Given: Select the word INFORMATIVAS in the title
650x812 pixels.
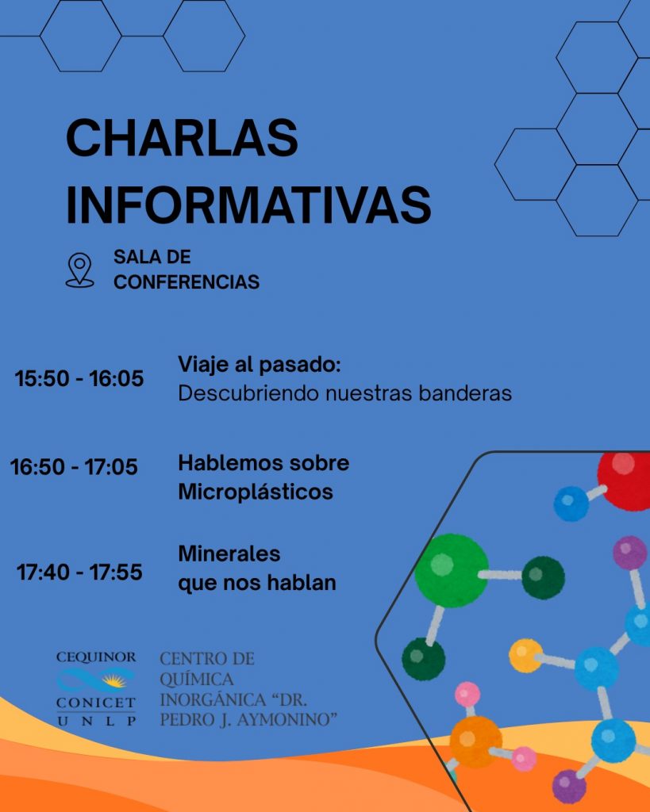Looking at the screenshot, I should (x=248, y=204).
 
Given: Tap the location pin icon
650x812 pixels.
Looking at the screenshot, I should (x=79, y=270).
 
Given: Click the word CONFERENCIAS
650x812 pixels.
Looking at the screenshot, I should (x=187, y=282).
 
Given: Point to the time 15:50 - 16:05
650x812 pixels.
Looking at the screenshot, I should (x=79, y=378).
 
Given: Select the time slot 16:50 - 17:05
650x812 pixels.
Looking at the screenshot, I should (x=74, y=467).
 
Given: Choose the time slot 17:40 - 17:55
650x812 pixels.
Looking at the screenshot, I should (x=79, y=572).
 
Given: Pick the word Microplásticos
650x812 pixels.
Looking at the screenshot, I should (x=256, y=492).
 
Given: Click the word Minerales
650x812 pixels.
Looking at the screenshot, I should (x=229, y=553).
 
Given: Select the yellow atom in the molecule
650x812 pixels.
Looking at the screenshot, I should (x=525, y=655).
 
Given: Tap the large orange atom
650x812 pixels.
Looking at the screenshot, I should (x=475, y=741).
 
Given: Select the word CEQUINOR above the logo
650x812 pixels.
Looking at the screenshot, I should (x=96, y=657).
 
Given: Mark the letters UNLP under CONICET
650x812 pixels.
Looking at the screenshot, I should (x=96, y=721).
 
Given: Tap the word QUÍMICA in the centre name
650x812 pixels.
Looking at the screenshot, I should (x=197, y=680).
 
